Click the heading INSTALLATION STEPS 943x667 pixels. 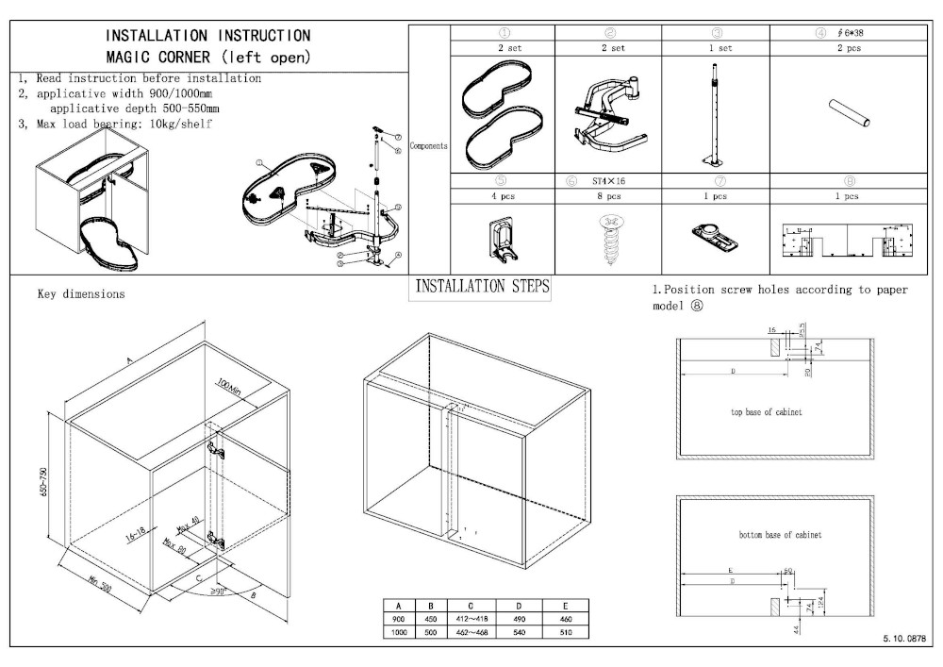coord(482,287)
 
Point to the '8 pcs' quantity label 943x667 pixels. coord(608,196)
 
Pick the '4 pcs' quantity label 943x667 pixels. coord(503,196)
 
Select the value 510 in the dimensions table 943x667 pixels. coord(566,632)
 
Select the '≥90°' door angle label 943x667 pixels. coord(218,592)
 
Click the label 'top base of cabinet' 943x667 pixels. coord(767,413)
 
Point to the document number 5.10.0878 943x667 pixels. coord(905,640)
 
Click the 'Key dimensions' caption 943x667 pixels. coord(80,294)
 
